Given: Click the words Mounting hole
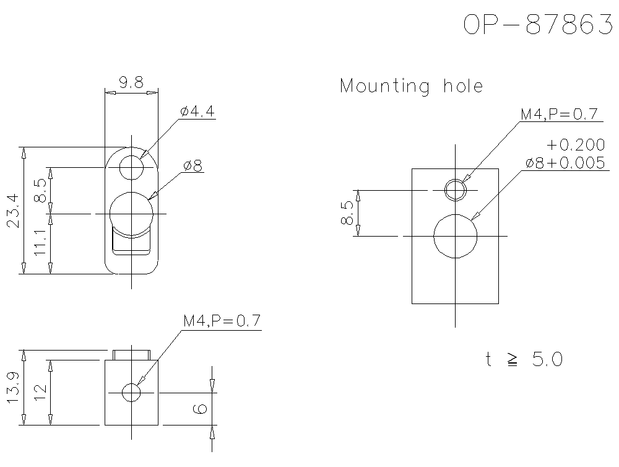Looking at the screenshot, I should click(x=411, y=85).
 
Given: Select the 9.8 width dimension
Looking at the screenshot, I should click(x=131, y=82).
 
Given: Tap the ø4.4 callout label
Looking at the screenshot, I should click(x=197, y=111).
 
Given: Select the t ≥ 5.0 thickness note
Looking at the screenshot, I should click(x=524, y=359).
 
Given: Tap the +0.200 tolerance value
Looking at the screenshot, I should click(x=575, y=145).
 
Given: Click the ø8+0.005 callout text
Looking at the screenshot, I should click(x=564, y=162).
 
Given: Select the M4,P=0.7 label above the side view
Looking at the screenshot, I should click(x=222, y=321).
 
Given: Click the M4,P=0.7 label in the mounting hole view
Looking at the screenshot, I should click(x=558, y=115).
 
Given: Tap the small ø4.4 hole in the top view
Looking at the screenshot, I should click(x=131, y=167).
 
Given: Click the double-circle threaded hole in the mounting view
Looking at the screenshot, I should click(x=456, y=190).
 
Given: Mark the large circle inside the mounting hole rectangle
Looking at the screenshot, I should click(x=456, y=237).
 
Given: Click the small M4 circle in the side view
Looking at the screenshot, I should click(x=131, y=392).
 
